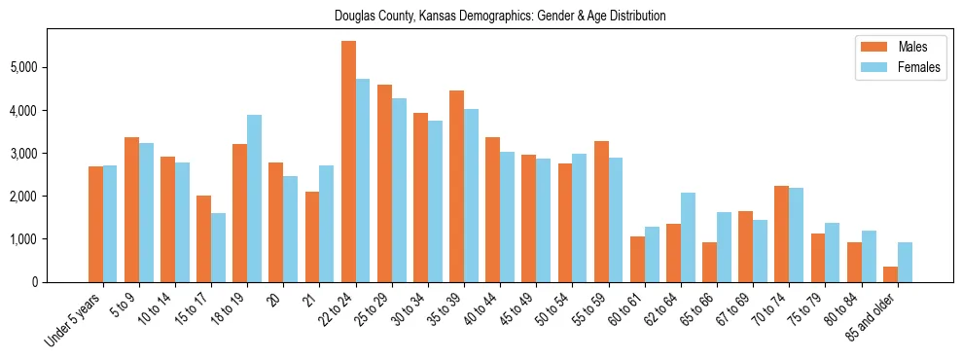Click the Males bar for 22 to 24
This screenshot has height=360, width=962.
pyautogui.click(x=348, y=162)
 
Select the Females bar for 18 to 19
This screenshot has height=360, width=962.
pyautogui.click(x=254, y=198)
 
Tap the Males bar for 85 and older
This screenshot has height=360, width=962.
pyautogui.click(x=890, y=274)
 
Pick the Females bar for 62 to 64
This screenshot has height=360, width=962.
pyautogui.click(x=688, y=237)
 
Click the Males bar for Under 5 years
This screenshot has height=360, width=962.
pyautogui.click(x=95, y=224)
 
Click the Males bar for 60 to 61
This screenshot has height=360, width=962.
pyautogui.click(x=637, y=259)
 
